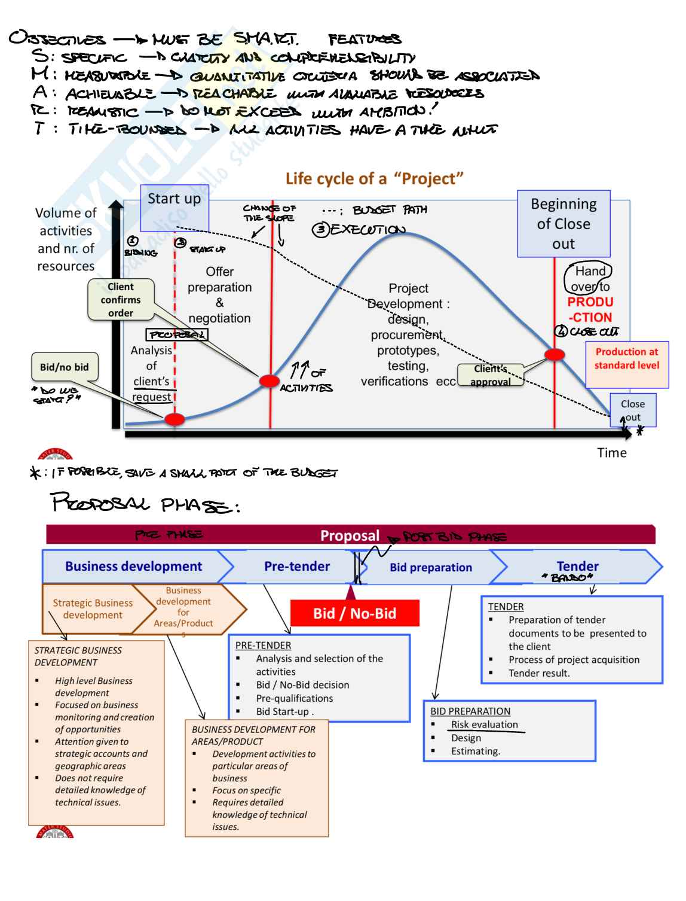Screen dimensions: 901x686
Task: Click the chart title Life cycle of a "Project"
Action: point(375,178)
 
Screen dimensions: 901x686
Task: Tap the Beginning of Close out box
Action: point(563,224)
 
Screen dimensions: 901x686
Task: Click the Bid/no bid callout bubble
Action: point(64,367)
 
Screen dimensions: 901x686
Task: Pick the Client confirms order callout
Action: point(121,300)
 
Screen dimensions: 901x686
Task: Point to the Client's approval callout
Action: point(491,376)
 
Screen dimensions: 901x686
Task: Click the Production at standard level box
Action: point(627,359)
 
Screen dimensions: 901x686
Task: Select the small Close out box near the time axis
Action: point(633,410)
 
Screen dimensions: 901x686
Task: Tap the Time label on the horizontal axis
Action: point(612,453)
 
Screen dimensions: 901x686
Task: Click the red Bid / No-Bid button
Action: point(355,613)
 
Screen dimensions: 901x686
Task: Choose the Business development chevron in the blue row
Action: point(133,567)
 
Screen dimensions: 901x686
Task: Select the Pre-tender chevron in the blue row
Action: point(297,566)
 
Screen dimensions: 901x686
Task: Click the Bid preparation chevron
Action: point(431,567)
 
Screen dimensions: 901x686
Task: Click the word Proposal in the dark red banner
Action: point(350,535)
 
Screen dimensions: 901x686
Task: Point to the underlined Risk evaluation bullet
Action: point(485,725)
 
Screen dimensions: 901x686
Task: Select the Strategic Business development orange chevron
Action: point(93,609)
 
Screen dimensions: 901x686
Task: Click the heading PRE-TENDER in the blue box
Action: point(264,646)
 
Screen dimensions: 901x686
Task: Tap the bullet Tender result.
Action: point(539,673)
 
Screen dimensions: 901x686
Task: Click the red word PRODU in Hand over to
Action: point(590,302)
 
